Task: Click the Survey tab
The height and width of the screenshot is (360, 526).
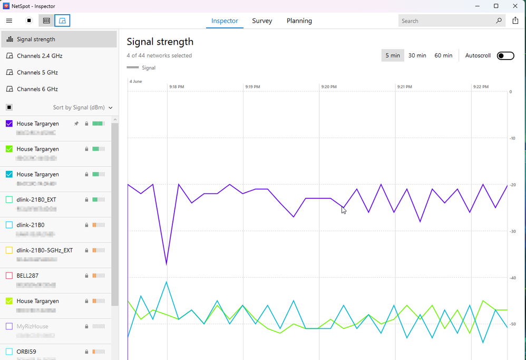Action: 262,21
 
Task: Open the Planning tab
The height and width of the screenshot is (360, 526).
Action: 299,21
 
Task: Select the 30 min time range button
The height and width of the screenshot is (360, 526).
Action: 417,55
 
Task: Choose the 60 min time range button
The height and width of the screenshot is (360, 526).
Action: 443,55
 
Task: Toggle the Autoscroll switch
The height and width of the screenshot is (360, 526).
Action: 505,56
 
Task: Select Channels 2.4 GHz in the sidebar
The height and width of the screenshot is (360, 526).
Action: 40,56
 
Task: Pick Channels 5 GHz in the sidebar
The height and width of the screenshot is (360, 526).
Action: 37,72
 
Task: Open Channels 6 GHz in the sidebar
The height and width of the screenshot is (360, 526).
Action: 37,89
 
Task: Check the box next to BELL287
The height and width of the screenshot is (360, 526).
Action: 9,276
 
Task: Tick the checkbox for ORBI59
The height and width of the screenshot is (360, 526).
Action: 9,352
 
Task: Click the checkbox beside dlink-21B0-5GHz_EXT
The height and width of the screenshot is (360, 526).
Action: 9,250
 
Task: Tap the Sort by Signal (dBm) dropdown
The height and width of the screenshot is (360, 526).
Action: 83,108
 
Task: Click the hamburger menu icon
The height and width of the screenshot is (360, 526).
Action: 9,21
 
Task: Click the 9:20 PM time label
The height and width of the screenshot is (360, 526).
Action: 328,86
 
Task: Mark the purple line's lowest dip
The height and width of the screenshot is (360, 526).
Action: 167,264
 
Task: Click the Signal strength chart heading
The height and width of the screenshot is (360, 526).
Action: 160,42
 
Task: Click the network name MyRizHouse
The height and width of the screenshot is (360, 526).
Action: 32,326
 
